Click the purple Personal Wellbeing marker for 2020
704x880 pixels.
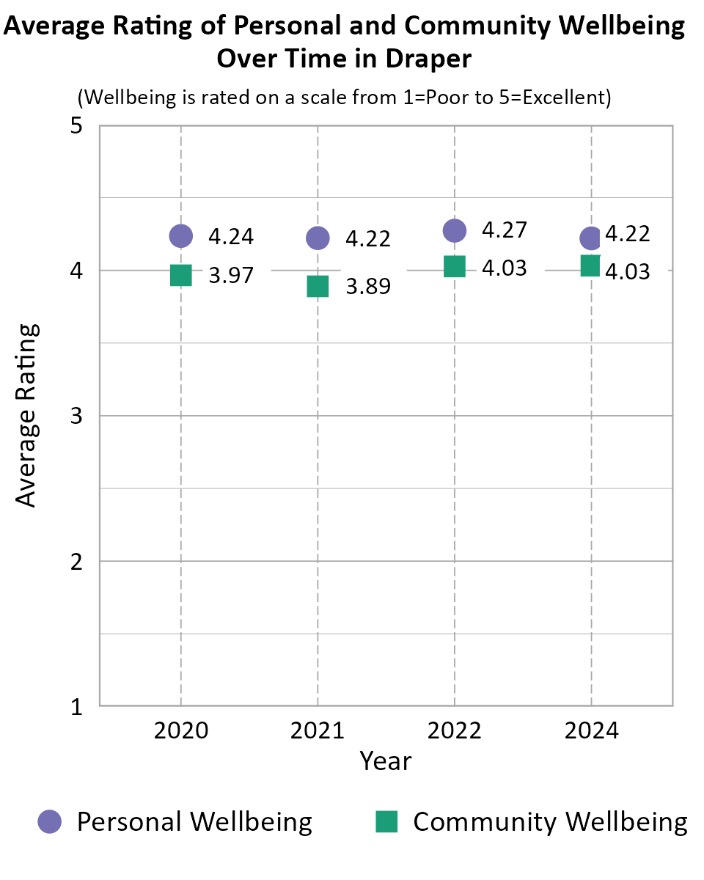(x=180, y=235)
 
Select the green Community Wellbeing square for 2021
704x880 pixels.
(x=318, y=286)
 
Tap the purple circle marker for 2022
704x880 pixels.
(x=455, y=230)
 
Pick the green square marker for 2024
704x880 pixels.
(x=591, y=265)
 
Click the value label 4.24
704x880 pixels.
(x=231, y=237)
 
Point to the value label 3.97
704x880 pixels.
(x=231, y=276)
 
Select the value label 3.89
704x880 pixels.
(x=368, y=286)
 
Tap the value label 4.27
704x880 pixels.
(x=505, y=230)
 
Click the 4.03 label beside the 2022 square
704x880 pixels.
(x=505, y=268)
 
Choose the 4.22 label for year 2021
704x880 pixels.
(x=368, y=239)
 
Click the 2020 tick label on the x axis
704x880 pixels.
(x=180, y=730)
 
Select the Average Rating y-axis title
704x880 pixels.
(x=26, y=415)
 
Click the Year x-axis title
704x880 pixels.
(x=386, y=761)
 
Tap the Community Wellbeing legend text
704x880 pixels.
(x=550, y=821)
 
